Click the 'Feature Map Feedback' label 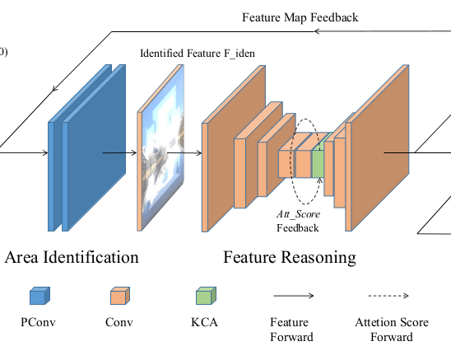(300, 17)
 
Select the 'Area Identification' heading (72, 257)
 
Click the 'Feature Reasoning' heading (290, 257)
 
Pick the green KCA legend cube (202, 297)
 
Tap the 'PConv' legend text (39, 323)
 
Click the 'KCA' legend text (202, 323)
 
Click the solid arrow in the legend (292, 297)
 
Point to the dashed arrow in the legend (391, 297)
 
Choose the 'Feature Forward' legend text (291, 330)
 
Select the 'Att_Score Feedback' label (297, 220)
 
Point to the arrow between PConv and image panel (119, 152)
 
